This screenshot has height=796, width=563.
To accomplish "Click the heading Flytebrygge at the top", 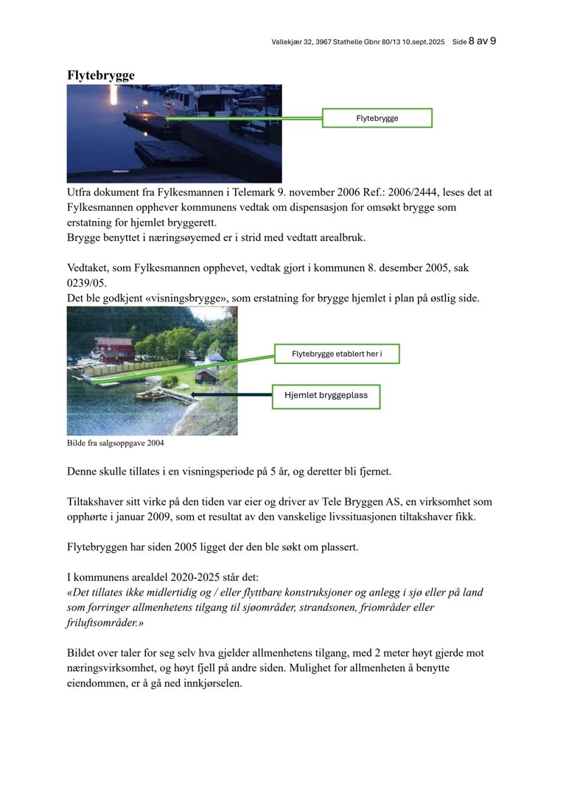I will pos(100,75).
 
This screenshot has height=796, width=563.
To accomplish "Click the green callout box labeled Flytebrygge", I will pos(377,118).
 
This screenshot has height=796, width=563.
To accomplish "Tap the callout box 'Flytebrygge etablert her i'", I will pos(337,354).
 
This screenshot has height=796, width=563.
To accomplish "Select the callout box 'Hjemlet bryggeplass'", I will pos(326,396).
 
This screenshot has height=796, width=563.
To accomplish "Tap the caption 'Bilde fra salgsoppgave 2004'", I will pos(115,444).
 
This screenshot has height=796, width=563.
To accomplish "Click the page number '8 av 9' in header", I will pos(483,41).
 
